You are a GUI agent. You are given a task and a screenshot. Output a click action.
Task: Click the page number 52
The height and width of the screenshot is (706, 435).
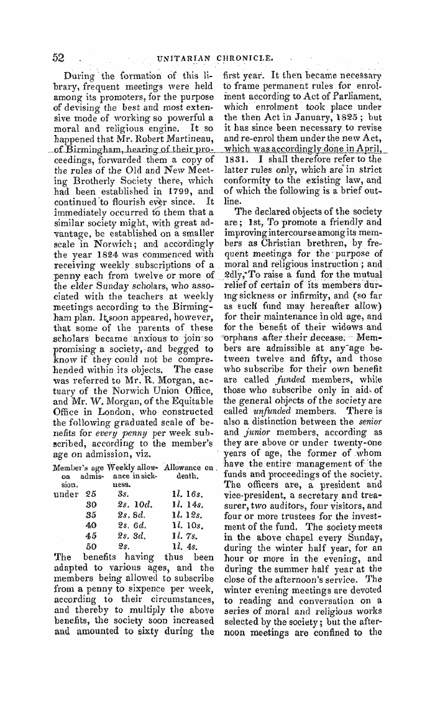[57, 57]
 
